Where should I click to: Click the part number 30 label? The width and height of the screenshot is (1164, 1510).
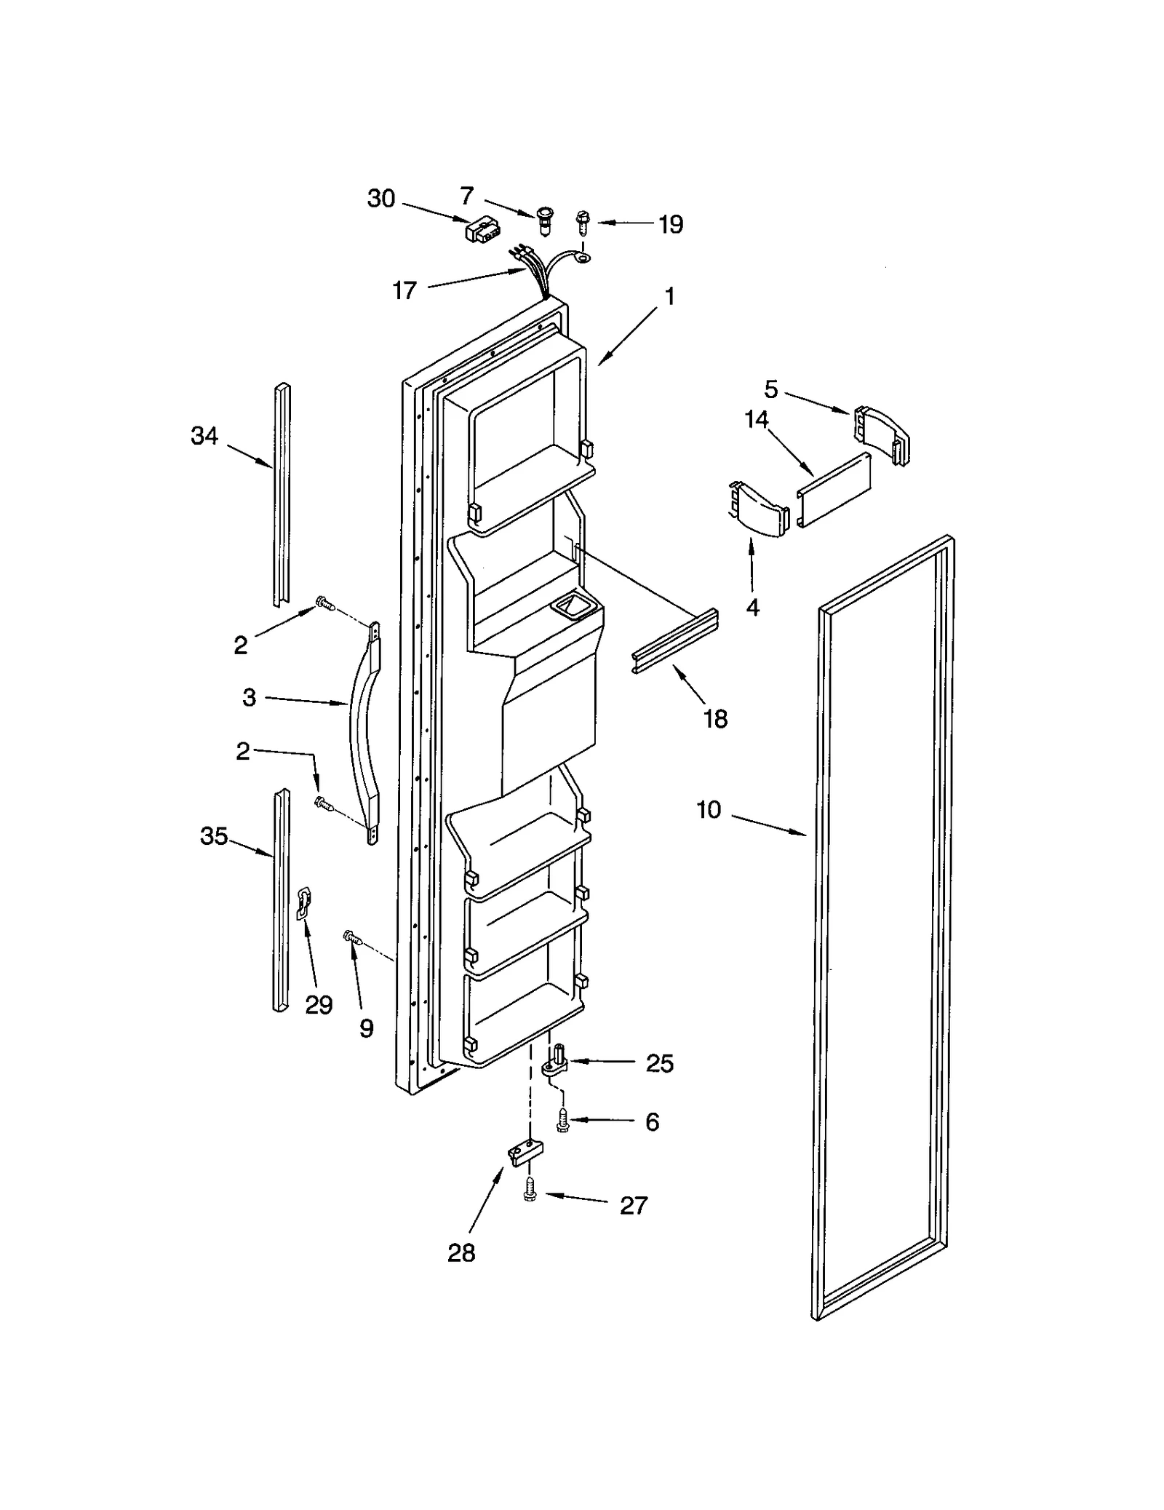pyautogui.click(x=381, y=198)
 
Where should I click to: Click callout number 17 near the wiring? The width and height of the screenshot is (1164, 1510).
pyautogui.click(x=404, y=290)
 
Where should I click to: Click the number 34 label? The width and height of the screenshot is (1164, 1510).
pyautogui.click(x=204, y=436)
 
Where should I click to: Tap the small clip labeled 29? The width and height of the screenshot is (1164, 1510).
pyautogui.click(x=303, y=902)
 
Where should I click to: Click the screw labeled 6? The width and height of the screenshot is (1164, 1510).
pyautogui.click(x=562, y=1120)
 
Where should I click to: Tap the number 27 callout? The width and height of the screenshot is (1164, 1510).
pyautogui.click(x=633, y=1205)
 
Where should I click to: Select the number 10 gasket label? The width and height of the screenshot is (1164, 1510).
pyautogui.click(x=709, y=809)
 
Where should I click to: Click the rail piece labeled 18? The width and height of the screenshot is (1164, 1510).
pyautogui.click(x=674, y=642)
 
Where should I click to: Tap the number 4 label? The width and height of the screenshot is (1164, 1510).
pyautogui.click(x=753, y=606)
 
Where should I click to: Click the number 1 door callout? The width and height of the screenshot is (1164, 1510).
pyautogui.click(x=669, y=296)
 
